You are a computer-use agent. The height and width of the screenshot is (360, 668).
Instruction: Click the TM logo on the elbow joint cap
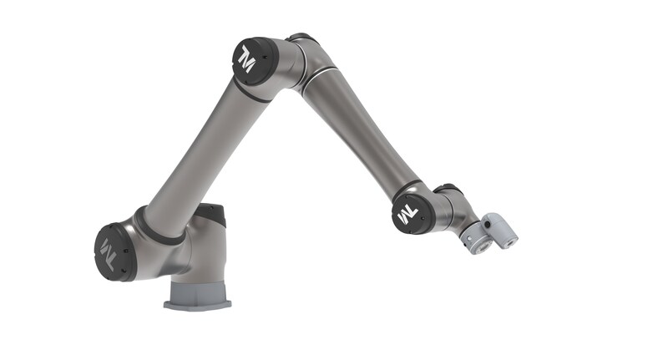click(247, 59)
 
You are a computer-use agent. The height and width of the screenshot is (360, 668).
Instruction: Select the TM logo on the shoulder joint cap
click(109, 253)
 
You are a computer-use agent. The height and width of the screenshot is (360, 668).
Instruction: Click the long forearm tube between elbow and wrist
click(357, 133)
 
